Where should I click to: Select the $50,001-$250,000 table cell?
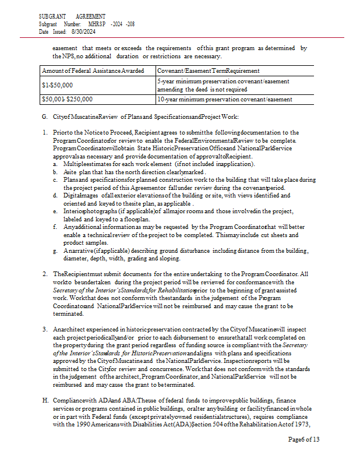67,99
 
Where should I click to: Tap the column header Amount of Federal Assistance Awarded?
93,70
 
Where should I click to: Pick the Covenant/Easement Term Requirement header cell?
209,70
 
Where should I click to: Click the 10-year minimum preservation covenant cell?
224,99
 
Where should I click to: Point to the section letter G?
44,117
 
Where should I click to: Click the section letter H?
44,401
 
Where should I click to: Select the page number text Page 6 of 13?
303,440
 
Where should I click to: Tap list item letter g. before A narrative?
54,250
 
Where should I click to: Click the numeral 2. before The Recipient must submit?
45,274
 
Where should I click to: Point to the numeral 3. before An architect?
45,330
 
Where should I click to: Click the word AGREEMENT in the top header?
90,16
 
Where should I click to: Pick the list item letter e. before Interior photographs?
54,211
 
